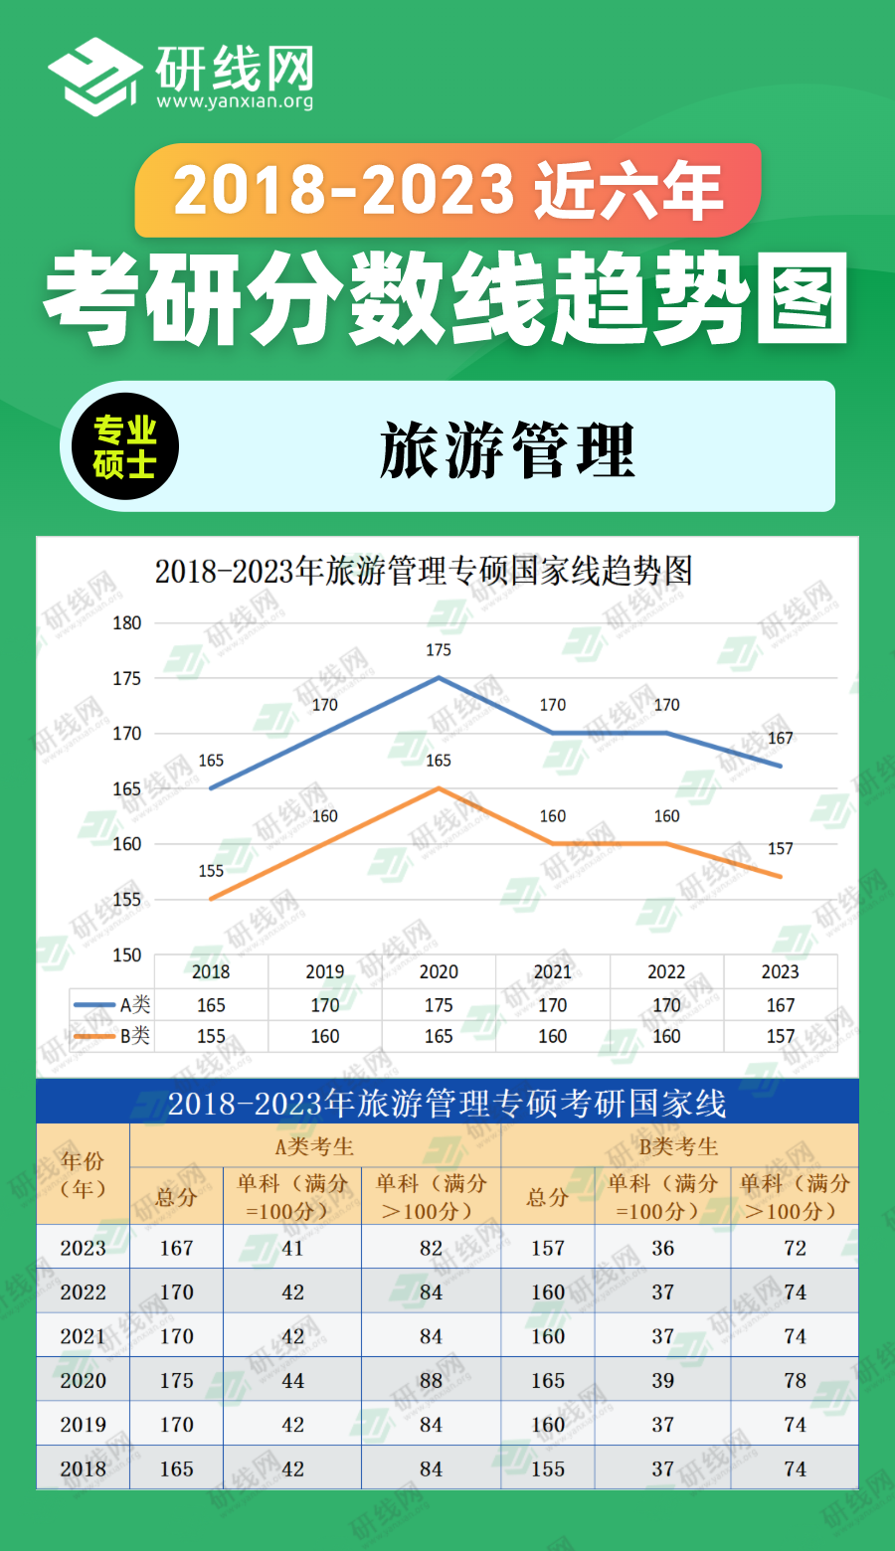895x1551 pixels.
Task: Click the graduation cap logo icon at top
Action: click(x=95, y=77)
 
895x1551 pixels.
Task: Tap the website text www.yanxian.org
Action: click(x=235, y=101)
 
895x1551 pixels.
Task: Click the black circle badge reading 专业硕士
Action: click(x=124, y=447)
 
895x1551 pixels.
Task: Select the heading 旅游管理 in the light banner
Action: click(x=506, y=449)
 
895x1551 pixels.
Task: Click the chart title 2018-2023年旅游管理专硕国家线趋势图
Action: click(x=424, y=572)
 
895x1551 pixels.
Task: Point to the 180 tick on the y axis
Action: click(x=126, y=623)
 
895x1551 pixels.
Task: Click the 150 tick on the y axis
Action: click(x=126, y=954)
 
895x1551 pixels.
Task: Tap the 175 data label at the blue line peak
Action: click(x=439, y=650)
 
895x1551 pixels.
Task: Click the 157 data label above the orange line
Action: click(x=781, y=849)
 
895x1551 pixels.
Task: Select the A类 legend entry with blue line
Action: click(x=112, y=1005)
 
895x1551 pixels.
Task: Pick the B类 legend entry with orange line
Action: click(x=112, y=1036)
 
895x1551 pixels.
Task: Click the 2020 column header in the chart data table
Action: click(x=439, y=971)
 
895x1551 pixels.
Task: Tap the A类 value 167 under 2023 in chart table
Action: click(x=781, y=1005)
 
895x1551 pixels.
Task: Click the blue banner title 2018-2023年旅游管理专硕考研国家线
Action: click(x=447, y=1103)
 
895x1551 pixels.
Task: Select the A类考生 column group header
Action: click(x=314, y=1146)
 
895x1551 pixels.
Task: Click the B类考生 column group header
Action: click(x=678, y=1146)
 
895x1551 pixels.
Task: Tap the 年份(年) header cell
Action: click(x=83, y=1174)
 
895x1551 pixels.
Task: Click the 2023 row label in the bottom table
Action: click(x=83, y=1248)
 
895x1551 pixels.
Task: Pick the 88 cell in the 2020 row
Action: click(x=431, y=1380)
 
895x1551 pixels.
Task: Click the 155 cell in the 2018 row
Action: click(x=548, y=1468)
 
